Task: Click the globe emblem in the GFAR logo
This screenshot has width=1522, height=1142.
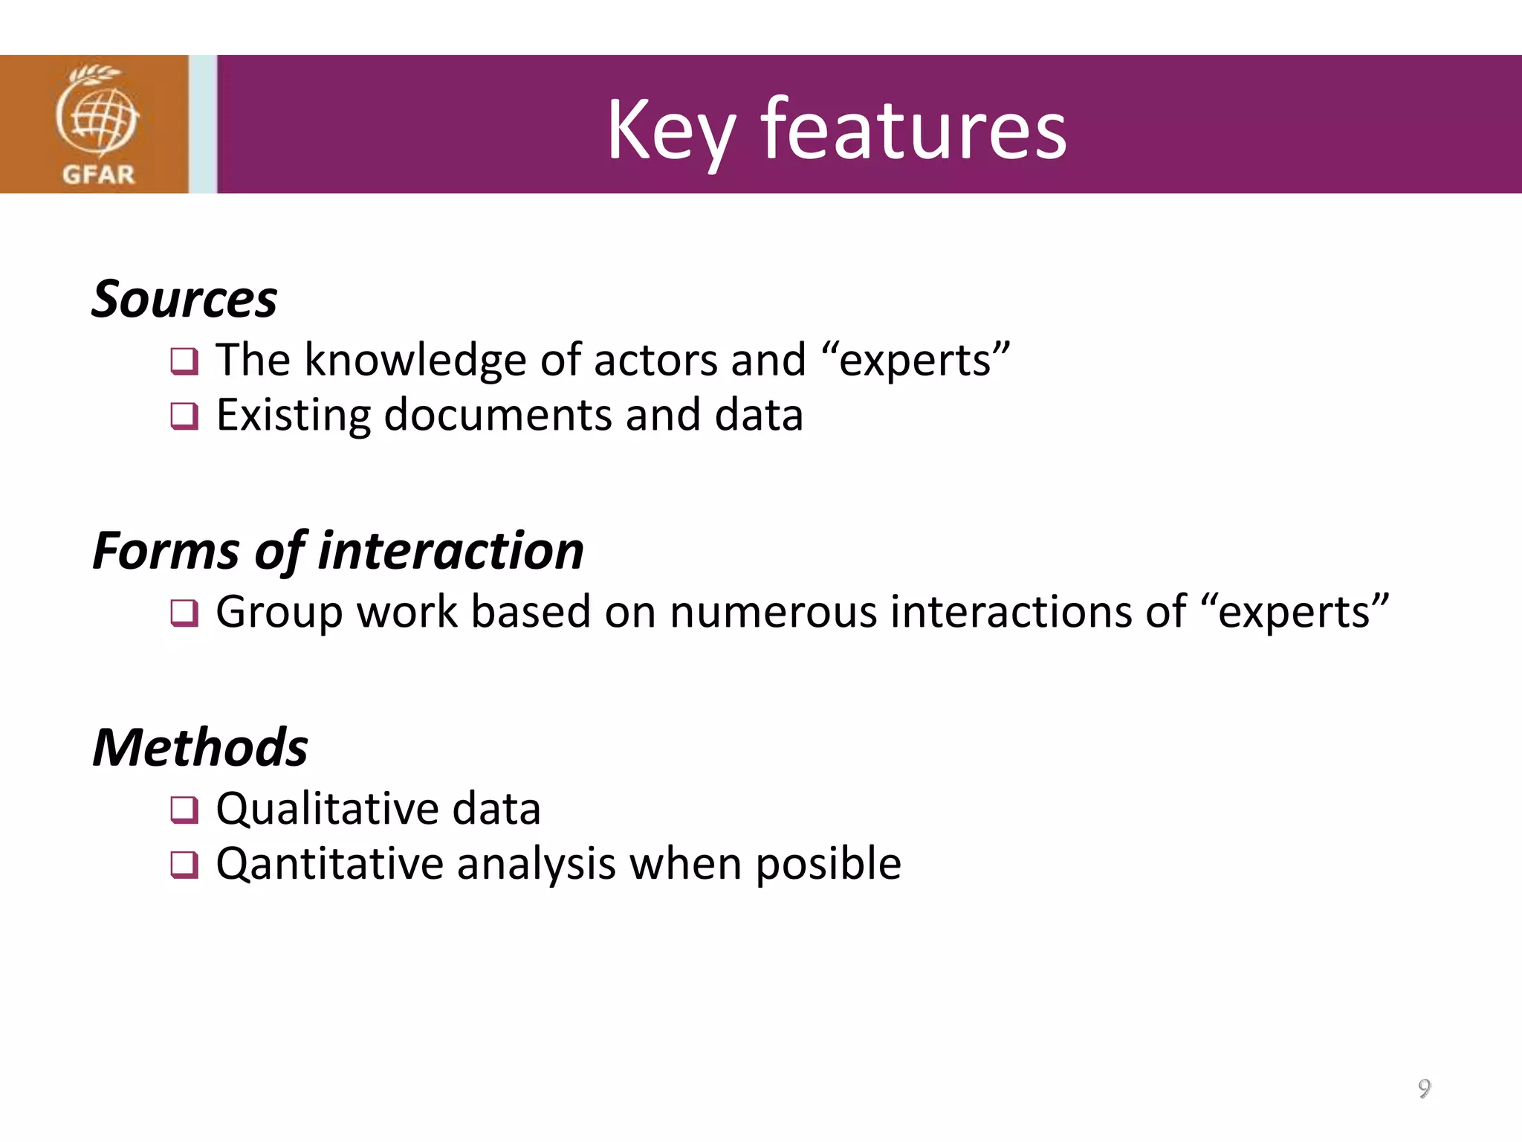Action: coord(97,115)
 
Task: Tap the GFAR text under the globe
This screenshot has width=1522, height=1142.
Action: coord(98,175)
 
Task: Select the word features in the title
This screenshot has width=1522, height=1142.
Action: coord(913,130)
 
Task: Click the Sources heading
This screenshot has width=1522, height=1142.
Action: coord(184,299)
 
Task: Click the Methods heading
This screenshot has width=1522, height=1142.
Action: coord(200,747)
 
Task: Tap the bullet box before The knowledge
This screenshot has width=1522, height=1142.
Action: coord(184,361)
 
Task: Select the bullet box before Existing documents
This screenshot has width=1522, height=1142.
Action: coord(184,416)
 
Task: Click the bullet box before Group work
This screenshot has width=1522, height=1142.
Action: coord(184,613)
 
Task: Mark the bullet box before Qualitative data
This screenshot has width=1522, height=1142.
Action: coord(184,810)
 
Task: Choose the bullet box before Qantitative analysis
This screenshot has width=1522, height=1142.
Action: coord(184,865)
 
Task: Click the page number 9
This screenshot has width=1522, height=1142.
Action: coord(1424,1088)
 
